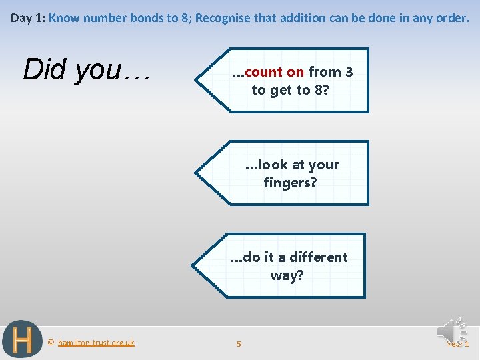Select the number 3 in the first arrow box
click(x=349, y=72)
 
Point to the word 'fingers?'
click(x=290, y=181)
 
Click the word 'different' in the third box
click(x=319, y=257)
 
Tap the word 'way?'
click(x=287, y=275)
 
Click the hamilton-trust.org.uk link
click(x=96, y=343)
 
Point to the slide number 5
click(x=239, y=344)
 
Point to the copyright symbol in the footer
click(x=51, y=343)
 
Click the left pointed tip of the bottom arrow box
click(x=195, y=265)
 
